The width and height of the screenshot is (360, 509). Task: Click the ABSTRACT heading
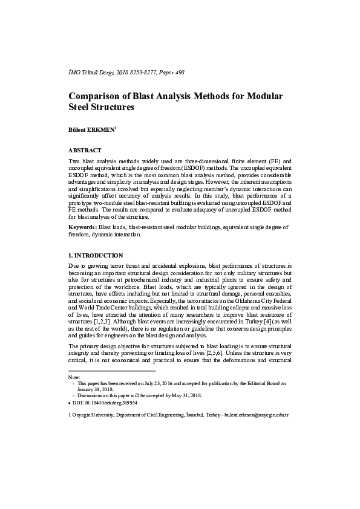click(x=85, y=148)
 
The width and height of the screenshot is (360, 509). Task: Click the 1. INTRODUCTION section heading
click(x=96, y=255)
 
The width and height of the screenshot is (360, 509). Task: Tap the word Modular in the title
click(x=265, y=96)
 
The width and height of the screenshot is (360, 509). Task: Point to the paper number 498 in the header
click(x=179, y=73)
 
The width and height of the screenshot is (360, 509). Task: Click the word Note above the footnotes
click(x=74, y=377)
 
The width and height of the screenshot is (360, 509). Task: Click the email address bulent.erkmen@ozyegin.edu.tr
click(x=256, y=416)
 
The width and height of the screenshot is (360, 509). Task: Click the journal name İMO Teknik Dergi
click(x=95, y=73)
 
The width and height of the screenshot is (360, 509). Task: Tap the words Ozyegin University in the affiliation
click(x=96, y=416)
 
